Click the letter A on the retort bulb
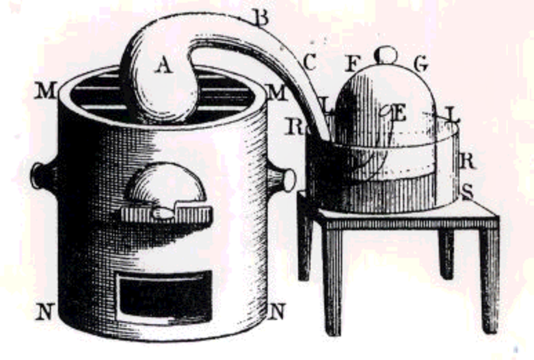pos(165,65)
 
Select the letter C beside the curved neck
pos(309,62)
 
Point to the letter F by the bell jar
pos(353,64)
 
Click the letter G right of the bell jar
pos(420,64)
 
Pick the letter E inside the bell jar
pos(399,114)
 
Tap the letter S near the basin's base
pos(466,192)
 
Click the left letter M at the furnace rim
pos(46,92)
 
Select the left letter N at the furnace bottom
pos(44,312)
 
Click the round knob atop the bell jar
pos(386,54)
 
